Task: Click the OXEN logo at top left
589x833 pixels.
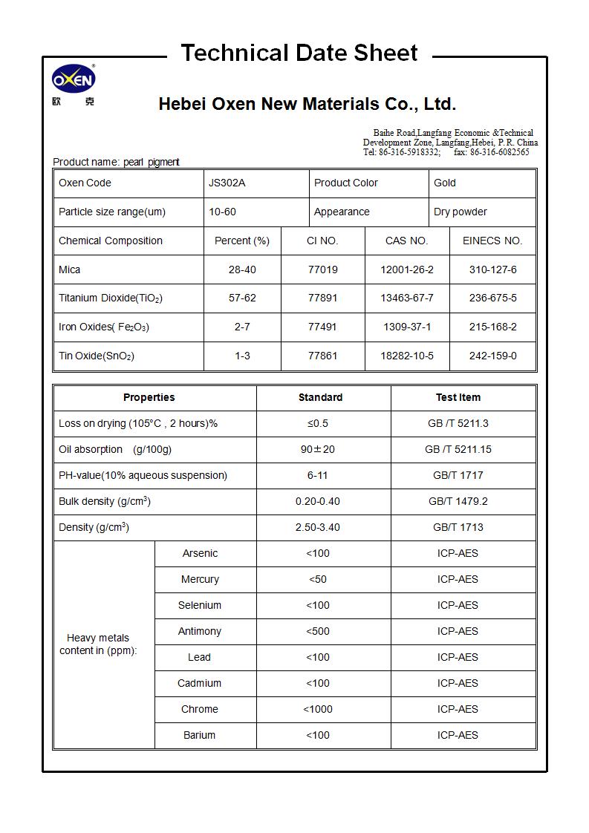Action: (x=74, y=79)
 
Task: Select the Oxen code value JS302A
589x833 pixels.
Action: (x=227, y=183)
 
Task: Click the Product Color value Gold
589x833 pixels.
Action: (x=445, y=183)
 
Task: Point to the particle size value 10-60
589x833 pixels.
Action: (x=222, y=212)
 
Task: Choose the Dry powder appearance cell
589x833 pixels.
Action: (x=461, y=212)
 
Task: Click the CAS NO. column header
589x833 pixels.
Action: (x=406, y=241)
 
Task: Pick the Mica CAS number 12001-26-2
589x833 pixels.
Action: (x=406, y=269)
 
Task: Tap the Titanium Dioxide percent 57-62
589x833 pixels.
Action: (x=242, y=298)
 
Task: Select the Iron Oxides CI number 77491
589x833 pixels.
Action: (x=322, y=327)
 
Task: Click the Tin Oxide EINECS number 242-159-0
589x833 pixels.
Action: (x=492, y=356)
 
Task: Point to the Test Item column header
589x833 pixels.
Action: (x=458, y=397)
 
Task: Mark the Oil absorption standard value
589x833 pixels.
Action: (x=317, y=449)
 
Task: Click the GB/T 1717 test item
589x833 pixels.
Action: (x=458, y=475)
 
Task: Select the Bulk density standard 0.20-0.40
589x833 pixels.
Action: (x=317, y=501)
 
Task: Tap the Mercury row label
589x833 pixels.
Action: (x=200, y=579)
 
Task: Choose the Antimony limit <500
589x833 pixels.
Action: (x=317, y=631)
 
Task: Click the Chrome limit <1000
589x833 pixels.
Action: (x=317, y=709)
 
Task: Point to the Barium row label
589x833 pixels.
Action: (x=199, y=735)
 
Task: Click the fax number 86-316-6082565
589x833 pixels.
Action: (x=499, y=152)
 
